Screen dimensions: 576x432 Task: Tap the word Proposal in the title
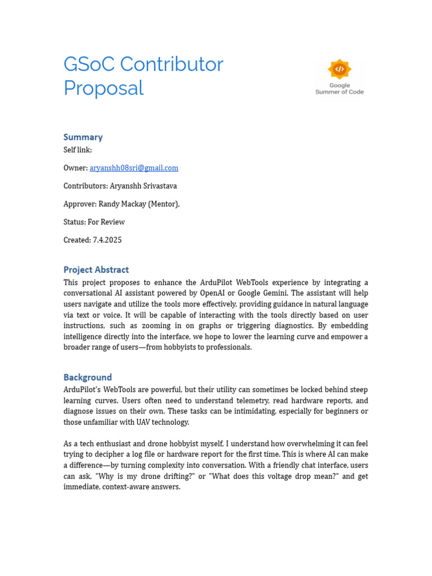coord(103,88)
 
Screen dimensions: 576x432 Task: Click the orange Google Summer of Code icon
coord(339,69)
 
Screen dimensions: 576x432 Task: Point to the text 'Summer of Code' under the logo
coord(339,92)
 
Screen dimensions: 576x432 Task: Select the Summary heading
coord(83,137)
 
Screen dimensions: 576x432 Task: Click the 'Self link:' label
coord(78,150)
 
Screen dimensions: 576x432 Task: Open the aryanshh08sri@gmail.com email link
coord(134,168)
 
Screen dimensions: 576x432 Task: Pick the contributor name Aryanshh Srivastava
coord(143,186)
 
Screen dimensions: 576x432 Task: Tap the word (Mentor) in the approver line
coord(164,204)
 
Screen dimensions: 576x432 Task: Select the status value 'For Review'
coord(106,222)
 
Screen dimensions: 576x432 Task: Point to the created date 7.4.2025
coord(107,240)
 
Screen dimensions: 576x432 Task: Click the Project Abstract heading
coord(96,269)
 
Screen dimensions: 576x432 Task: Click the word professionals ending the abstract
coord(227,347)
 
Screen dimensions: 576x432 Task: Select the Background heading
coord(88,377)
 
